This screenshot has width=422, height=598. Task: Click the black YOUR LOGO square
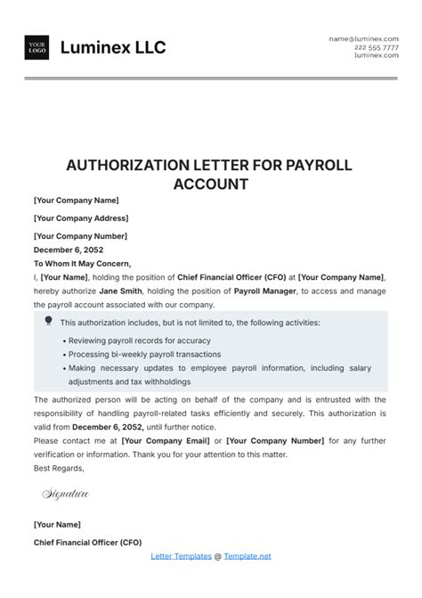(x=37, y=47)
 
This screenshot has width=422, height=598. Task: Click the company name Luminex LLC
(x=113, y=47)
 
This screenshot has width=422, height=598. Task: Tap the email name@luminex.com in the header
(x=364, y=39)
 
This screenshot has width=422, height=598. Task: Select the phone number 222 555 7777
(x=376, y=47)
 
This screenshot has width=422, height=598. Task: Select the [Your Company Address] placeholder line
(x=81, y=218)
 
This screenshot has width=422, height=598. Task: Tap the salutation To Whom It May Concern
(x=82, y=264)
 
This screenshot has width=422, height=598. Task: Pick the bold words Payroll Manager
(x=266, y=291)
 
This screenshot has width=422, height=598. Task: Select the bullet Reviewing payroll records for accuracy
(x=137, y=341)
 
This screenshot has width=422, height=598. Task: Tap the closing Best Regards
(x=59, y=468)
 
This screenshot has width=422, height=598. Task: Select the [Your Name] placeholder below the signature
(x=56, y=525)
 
